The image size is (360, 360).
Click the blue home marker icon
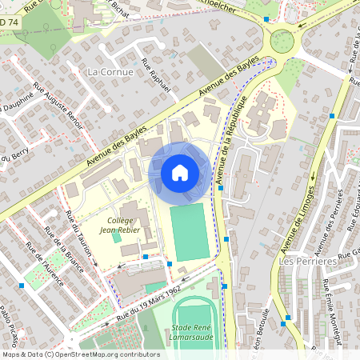click(x=180, y=173)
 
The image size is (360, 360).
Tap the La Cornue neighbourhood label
click(x=106, y=72)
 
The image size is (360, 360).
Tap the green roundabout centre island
click(x=282, y=40)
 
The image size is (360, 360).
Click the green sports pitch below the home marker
click(x=189, y=232)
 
